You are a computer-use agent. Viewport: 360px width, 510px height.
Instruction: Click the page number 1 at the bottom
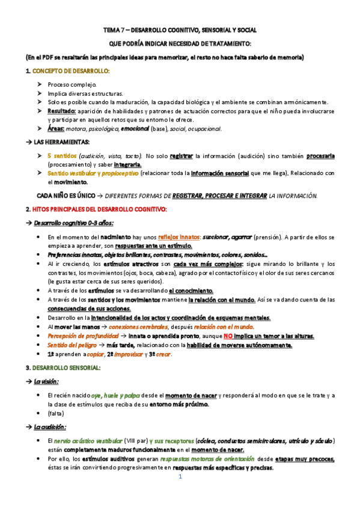[x=180, y=476]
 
